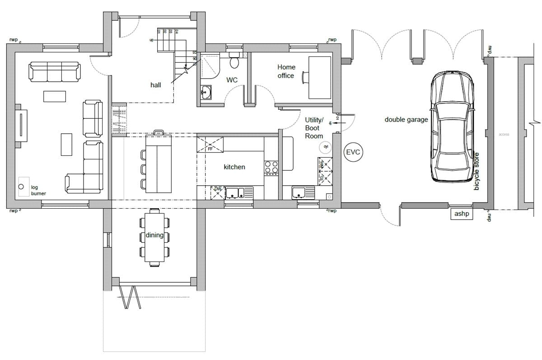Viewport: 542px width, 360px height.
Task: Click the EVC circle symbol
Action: (x=353, y=152)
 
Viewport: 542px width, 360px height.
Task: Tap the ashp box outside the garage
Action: (x=461, y=214)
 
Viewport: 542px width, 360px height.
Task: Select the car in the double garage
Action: (x=452, y=126)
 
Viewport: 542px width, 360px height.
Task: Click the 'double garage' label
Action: (x=406, y=120)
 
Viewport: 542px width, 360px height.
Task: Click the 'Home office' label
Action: (x=286, y=71)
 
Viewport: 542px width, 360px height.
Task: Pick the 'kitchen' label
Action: (x=234, y=167)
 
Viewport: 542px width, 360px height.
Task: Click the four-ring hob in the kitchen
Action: (x=271, y=168)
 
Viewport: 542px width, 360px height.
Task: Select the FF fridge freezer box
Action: (x=210, y=145)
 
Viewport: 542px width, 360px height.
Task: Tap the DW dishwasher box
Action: (x=218, y=192)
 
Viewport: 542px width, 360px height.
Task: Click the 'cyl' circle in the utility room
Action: (x=325, y=147)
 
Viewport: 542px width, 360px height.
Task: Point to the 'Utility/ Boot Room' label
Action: (x=314, y=128)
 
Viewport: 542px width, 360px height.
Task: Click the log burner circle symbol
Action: (x=21, y=187)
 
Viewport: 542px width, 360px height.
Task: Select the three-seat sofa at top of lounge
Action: (x=55, y=72)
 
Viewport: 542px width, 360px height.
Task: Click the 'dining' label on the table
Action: (x=154, y=235)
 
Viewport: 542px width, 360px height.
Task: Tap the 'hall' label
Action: (x=156, y=85)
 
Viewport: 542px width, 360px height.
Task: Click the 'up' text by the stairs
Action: (x=151, y=40)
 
